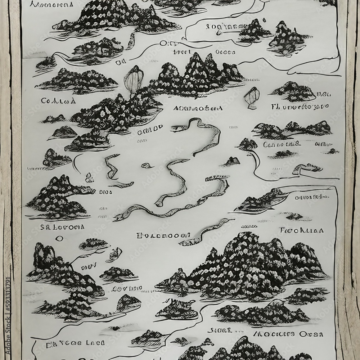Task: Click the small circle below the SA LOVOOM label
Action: pyautogui.click(x=59, y=238)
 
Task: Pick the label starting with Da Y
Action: pyautogui.click(x=76, y=343)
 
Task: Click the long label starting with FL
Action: pyautogui.click(x=300, y=107)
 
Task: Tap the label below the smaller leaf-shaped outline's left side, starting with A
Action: pyautogui.click(x=198, y=108)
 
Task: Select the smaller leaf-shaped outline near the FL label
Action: pyautogui.click(x=252, y=96)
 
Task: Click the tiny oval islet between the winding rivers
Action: pyautogui.click(x=146, y=165)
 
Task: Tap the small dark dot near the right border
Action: pyautogui.click(x=332, y=151)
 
